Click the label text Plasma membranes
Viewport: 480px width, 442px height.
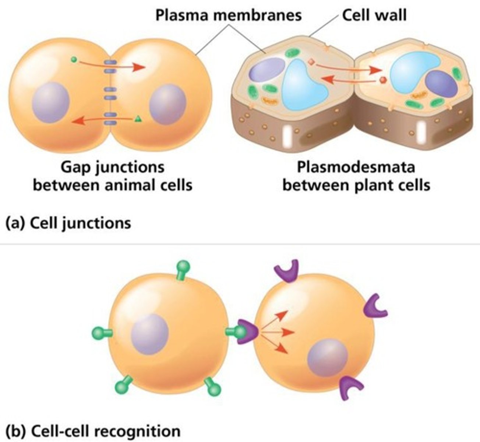pyautogui.click(x=228, y=15)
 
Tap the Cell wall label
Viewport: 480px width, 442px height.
pyautogui.click(x=374, y=15)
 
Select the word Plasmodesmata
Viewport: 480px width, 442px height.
pyautogui.click(x=356, y=167)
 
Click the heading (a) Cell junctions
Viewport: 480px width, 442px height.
pyautogui.click(x=68, y=223)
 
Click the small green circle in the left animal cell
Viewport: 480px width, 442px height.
pyautogui.click(x=74, y=59)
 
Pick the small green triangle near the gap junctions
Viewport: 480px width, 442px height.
pyautogui.click(x=138, y=119)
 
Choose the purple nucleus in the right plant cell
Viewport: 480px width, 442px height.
pyautogui.click(x=441, y=84)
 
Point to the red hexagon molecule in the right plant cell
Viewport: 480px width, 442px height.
pyautogui.click(x=383, y=80)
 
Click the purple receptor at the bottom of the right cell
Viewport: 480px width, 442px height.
pyautogui.click(x=350, y=386)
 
